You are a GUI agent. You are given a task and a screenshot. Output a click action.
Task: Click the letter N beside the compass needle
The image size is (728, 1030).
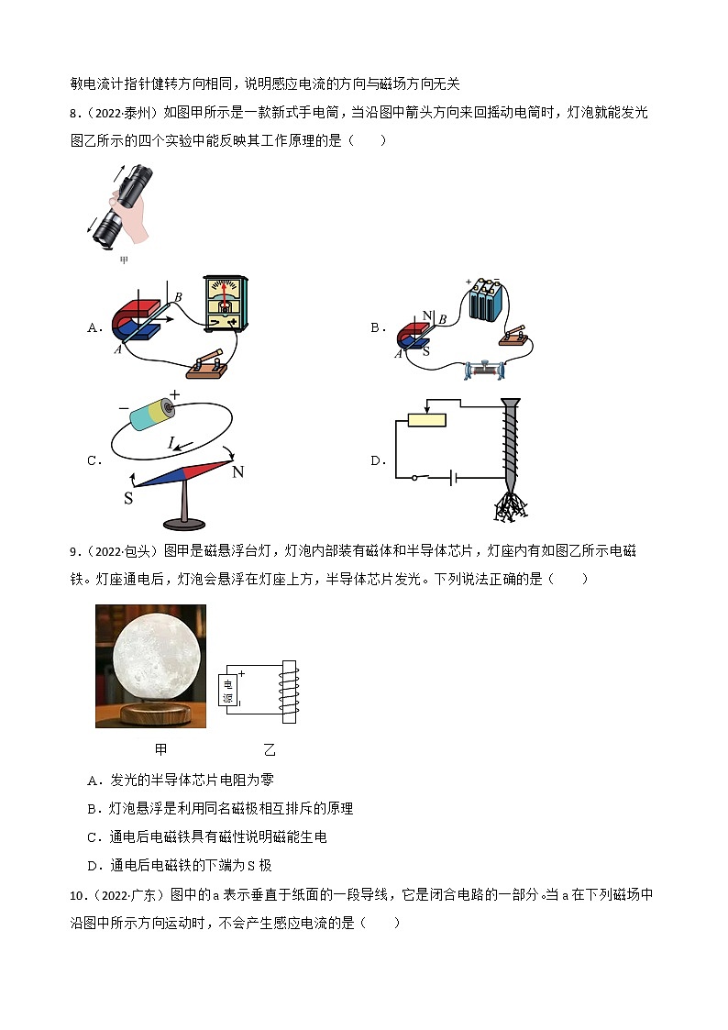pos(237,471)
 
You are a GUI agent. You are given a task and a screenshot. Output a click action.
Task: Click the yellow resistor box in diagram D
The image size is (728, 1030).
pos(426,419)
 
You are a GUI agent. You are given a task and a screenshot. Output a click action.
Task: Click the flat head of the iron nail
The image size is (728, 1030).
pos(511,402)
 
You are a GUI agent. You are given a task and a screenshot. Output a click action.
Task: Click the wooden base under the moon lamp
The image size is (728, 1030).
pos(151,713)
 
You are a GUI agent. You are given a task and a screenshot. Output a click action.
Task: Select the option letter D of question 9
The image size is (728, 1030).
pos(92,865)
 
